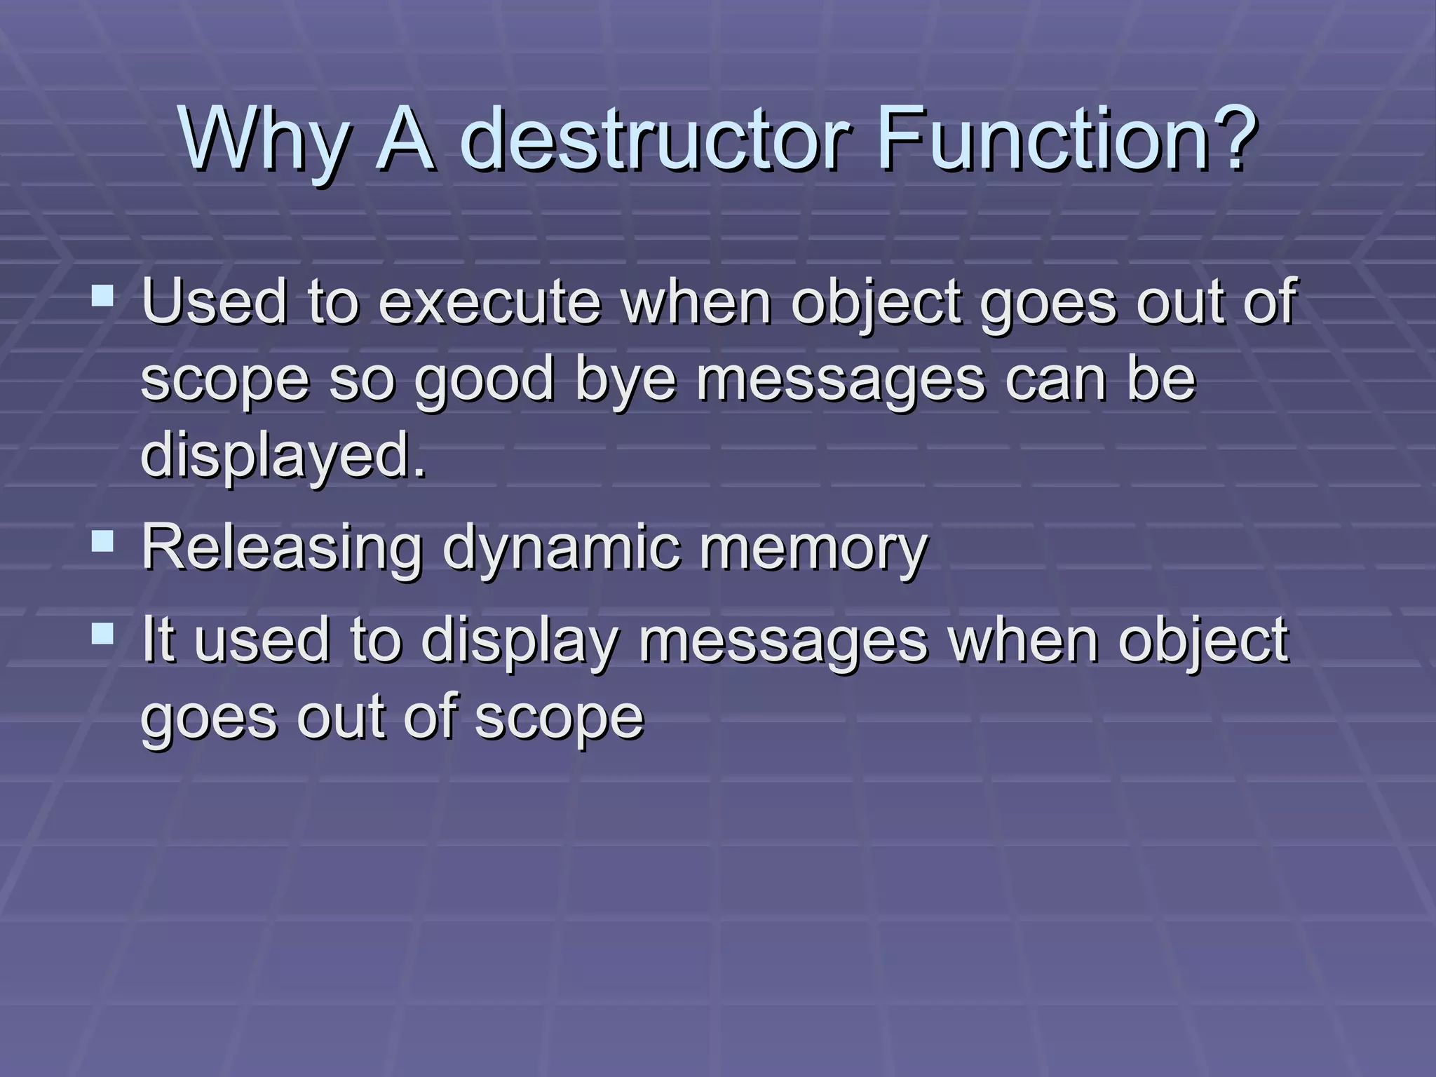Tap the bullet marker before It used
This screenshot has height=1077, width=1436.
pyautogui.click(x=103, y=635)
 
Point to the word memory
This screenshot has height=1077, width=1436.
pyautogui.click(x=813, y=548)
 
